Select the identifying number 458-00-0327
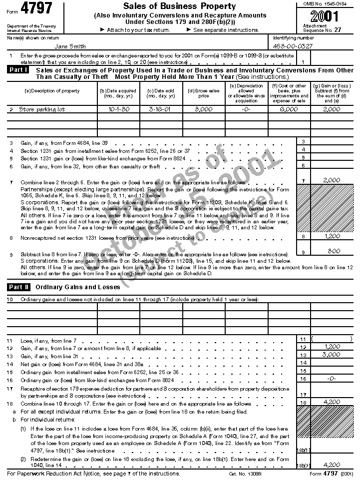click(294, 46)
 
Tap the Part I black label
click(19, 70)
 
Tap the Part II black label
click(19, 287)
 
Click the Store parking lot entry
click(42, 109)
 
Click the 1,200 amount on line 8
click(332, 236)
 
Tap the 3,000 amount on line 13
click(332, 354)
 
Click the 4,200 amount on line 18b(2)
click(332, 465)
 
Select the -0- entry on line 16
click(332, 379)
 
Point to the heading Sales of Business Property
click(179, 6)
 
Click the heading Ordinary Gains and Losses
click(78, 287)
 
